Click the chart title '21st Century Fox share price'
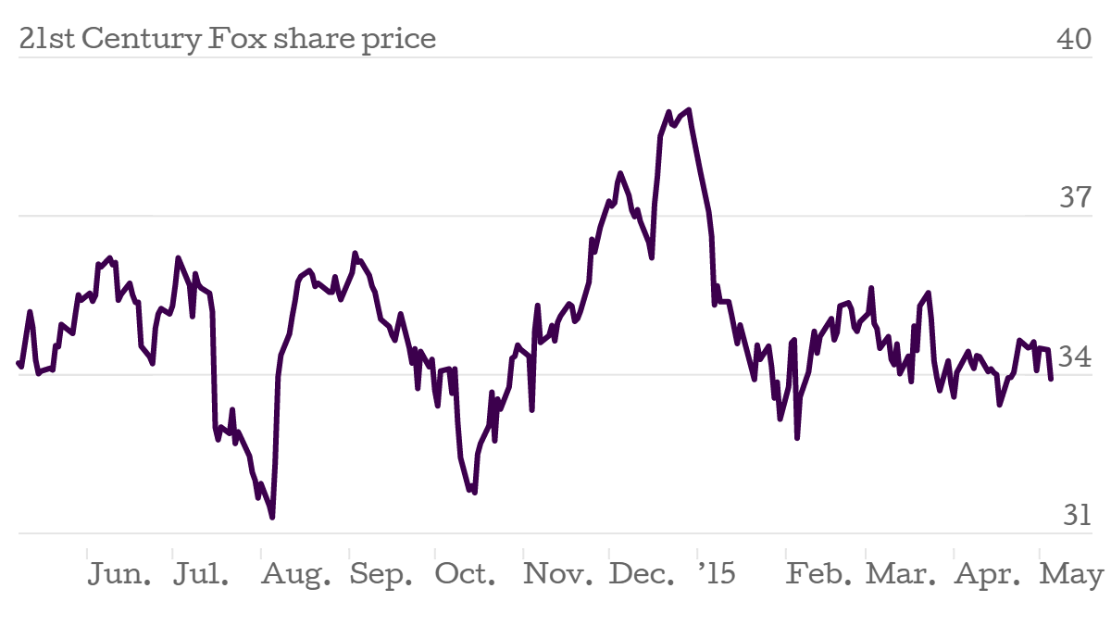227,40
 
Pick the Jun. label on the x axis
120,575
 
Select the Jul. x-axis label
202,575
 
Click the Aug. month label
295,575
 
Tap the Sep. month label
381,575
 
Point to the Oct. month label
466,575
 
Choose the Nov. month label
558,575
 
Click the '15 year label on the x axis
716,575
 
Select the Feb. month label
819,575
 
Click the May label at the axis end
1072,575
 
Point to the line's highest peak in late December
690,110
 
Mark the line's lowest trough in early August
272,517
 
